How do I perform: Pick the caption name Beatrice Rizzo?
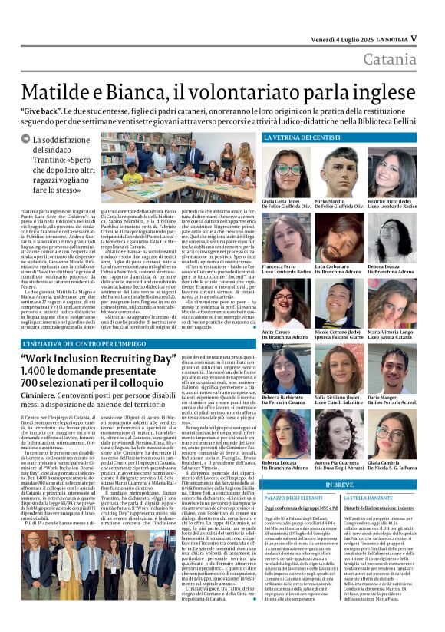391,201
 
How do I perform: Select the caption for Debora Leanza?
389,266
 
